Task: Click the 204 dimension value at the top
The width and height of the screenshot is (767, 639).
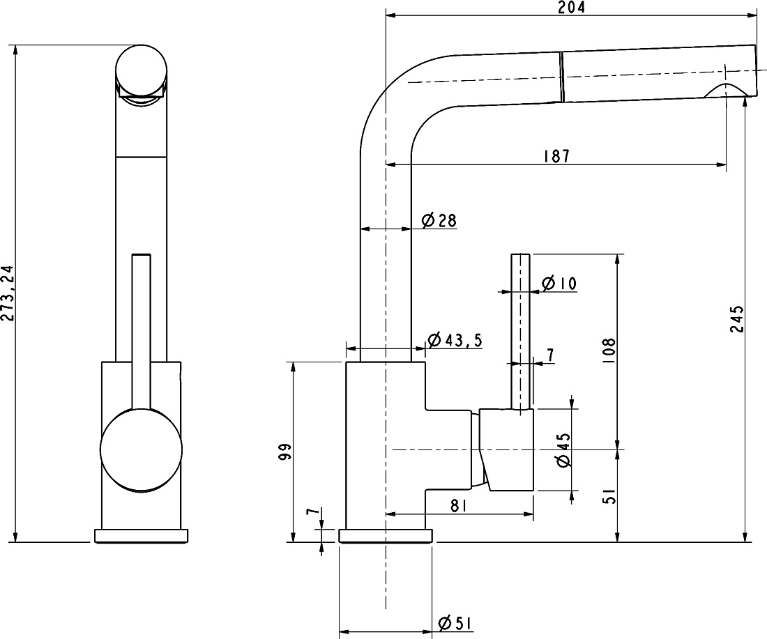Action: pos(571,8)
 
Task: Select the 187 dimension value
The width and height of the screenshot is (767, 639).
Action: pos(556,156)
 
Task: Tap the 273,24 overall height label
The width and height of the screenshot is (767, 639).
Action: pos(8,293)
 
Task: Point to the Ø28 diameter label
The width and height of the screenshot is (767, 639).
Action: pos(439,221)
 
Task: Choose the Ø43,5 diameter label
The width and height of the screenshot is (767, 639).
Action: pos(455,340)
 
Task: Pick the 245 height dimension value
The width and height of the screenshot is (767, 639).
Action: pos(737,318)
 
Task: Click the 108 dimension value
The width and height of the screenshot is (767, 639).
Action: pos(609,350)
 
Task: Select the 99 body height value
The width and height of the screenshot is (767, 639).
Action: pos(284,452)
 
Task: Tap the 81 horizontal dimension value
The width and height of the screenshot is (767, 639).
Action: pos(458,506)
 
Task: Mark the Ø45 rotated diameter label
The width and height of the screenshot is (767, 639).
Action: pos(563,449)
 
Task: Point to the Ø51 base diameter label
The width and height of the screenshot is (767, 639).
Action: pos(455,624)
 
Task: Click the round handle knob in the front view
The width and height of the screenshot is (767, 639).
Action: pos(141,449)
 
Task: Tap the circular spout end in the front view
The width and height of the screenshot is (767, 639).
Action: pos(142,71)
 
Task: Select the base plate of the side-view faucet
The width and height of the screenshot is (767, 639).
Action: pos(386,536)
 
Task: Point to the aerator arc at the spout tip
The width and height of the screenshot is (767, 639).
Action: pos(725,90)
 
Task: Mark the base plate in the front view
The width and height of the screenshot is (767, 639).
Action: pos(141,536)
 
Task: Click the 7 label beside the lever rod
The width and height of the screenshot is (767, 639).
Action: pos(550,355)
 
